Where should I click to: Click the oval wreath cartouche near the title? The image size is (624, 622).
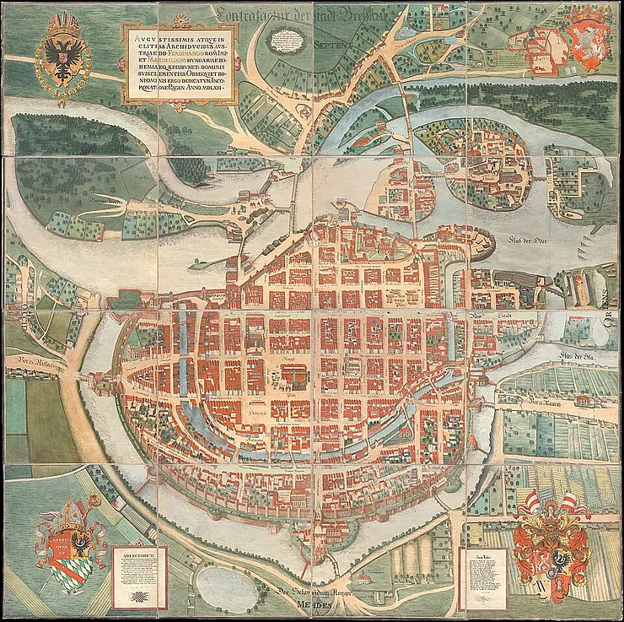(x=288, y=38)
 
